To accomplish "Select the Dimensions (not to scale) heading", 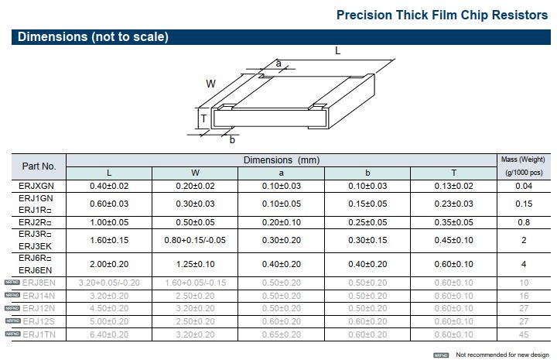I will (x=93, y=36).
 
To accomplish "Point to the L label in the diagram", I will (x=337, y=50).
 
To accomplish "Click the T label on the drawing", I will (x=203, y=119).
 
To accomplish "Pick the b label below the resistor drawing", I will (x=232, y=139).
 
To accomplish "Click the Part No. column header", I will (x=39, y=166).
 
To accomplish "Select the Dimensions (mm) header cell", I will (x=282, y=159).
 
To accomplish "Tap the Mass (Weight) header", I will (x=524, y=159).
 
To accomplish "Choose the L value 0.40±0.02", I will (x=109, y=186).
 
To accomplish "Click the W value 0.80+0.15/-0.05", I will (x=195, y=240).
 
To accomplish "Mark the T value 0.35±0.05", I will (x=454, y=222).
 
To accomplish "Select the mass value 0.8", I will (x=524, y=222).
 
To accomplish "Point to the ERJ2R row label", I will (x=35, y=222).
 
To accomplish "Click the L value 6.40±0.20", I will (x=109, y=334).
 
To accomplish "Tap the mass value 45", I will (x=524, y=334).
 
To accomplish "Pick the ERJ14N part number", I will (x=39, y=296).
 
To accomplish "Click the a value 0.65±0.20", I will (x=282, y=334).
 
